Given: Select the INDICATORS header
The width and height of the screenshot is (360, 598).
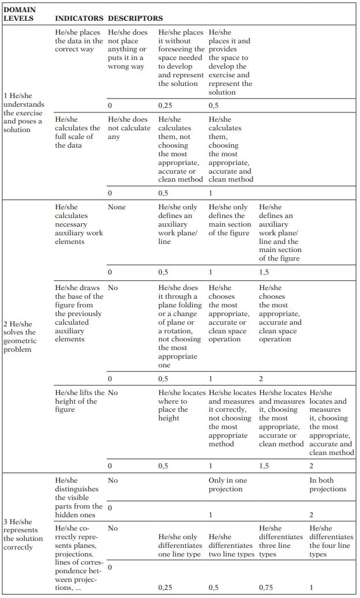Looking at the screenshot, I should click(x=79, y=18).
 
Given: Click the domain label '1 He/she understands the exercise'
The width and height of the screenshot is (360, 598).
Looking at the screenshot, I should click(x=23, y=112).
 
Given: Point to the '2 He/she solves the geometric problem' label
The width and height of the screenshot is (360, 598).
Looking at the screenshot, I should click(x=21, y=337).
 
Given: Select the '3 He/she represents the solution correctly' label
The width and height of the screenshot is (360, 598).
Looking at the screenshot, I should click(x=23, y=534).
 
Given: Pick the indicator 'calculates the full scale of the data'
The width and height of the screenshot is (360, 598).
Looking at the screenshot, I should click(x=77, y=132).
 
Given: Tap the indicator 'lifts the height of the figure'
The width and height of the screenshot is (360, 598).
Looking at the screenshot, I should click(x=80, y=401).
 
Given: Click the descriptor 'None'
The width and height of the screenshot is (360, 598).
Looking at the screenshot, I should click(x=117, y=207).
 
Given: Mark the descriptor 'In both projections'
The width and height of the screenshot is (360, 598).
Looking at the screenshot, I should click(x=328, y=484).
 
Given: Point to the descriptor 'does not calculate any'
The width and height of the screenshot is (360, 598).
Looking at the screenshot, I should click(x=129, y=128).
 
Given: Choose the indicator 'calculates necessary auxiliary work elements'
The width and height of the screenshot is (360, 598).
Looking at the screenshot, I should click(x=78, y=224).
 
